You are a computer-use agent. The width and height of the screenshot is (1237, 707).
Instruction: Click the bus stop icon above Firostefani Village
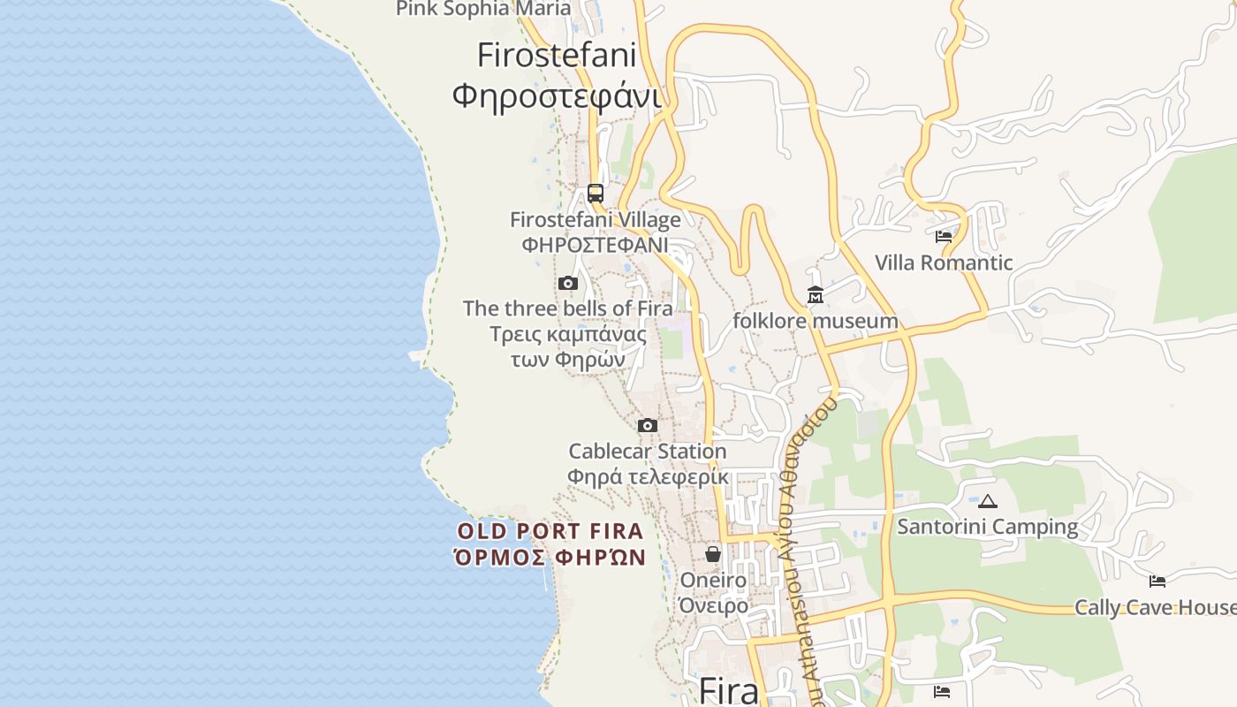point(596,194)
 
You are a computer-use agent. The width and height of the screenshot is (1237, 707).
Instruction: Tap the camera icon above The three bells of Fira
point(568,284)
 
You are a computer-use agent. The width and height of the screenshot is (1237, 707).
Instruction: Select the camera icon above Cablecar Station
point(648,426)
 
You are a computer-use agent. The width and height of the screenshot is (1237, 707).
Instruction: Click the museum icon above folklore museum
point(816,294)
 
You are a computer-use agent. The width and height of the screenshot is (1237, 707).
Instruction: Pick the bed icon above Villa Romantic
point(944,237)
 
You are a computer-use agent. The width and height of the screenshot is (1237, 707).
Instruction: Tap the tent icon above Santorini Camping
point(988,501)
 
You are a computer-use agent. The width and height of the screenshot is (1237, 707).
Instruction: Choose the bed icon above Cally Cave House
point(1157,582)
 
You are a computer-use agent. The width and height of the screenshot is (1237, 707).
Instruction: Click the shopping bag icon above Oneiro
point(713,554)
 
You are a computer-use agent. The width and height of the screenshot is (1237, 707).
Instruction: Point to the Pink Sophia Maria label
point(483,9)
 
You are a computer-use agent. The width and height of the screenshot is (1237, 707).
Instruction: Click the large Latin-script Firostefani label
point(557,55)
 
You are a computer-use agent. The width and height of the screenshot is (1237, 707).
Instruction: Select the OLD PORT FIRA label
point(550,532)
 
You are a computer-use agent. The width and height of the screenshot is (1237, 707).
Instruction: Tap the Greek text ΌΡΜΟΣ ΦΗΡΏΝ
point(550,558)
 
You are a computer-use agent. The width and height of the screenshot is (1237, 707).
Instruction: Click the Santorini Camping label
point(988,527)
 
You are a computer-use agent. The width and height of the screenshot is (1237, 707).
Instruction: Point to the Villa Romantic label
point(944,262)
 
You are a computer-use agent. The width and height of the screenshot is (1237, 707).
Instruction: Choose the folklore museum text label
point(816,321)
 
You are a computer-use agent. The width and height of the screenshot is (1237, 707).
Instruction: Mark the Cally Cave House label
point(1155,607)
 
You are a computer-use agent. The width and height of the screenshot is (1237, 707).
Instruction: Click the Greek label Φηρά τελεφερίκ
point(648,476)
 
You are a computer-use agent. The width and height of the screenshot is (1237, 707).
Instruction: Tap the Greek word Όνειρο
point(713,605)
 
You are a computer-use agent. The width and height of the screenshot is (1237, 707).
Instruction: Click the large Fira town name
point(728,690)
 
